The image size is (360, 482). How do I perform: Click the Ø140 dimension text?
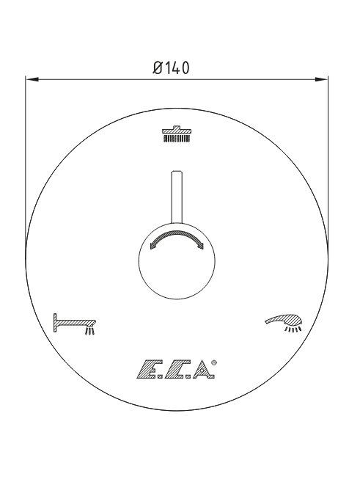(171, 68)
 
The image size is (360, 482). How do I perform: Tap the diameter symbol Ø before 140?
(157, 68)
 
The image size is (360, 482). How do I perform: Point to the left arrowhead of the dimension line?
(32, 80)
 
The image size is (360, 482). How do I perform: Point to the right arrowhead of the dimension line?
(321, 80)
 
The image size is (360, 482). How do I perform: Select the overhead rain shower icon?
(177, 134)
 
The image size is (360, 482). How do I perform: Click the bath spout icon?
(75, 324)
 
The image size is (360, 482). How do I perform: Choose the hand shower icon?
(284, 323)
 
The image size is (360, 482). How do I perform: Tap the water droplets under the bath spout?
(89, 331)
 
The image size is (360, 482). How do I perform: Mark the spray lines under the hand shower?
(293, 329)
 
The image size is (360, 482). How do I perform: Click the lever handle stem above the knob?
(177, 197)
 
